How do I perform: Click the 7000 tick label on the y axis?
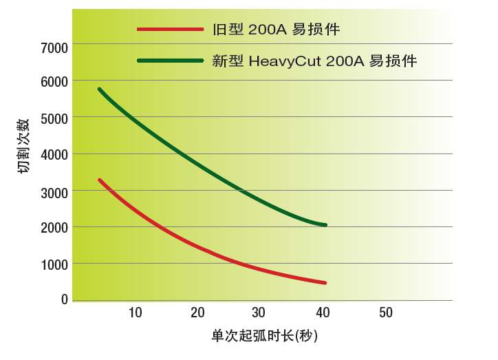click(55, 47)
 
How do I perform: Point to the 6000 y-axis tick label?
click(55, 81)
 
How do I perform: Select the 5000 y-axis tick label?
click(55, 118)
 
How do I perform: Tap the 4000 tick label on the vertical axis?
click(55, 155)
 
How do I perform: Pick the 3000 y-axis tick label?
click(55, 192)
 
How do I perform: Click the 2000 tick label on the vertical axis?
click(55, 229)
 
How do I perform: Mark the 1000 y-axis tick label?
click(55, 265)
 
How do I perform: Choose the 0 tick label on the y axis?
click(65, 299)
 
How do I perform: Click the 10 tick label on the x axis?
click(136, 313)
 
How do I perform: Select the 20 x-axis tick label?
click(198, 313)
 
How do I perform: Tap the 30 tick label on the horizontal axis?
click(259, 313)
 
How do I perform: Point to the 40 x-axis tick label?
click(322, 313)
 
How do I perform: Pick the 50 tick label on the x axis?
click(386, 313)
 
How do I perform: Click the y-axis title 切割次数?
click(23, 146)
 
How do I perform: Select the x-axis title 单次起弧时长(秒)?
click(264, 337)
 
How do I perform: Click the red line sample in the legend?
click(170, 30)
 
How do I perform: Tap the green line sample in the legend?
click(170, 61)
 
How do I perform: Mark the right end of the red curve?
click(325, 283)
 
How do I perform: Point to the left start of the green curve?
click(100, 89)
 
